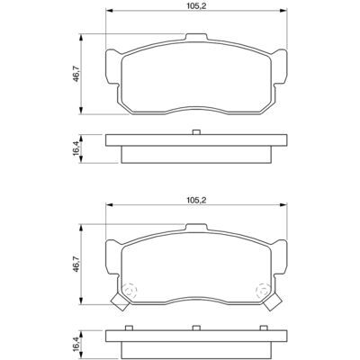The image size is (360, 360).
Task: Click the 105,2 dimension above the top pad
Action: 197,6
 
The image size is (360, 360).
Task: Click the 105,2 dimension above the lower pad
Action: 197,200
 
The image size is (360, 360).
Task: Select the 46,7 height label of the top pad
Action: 76,74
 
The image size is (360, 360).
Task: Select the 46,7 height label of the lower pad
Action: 76,264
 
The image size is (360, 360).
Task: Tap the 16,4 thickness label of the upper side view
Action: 76,148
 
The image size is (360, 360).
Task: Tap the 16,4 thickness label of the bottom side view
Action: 76,344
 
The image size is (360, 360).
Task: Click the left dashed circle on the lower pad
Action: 130,291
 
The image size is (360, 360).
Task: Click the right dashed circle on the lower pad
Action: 262,291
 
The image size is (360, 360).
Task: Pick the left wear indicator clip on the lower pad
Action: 120,301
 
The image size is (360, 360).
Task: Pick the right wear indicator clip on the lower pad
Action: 273,301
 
